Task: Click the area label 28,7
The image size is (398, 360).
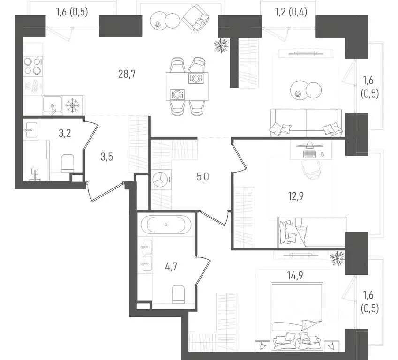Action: [x=127, y=74]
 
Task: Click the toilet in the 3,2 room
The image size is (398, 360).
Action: [x=68, y=163]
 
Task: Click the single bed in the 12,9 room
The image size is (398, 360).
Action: [x=312, y=231]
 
